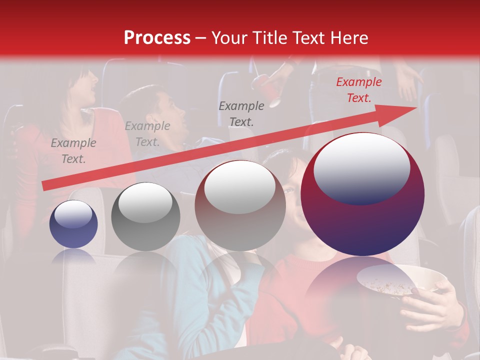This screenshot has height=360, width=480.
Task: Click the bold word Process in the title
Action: coord(157,37)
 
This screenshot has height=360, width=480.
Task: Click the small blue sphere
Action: coord(73,224)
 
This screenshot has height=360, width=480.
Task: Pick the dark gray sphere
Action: coord(145,216)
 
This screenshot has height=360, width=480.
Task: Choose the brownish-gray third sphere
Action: coord(240,205)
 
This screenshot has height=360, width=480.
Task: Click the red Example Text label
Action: coord(358,90)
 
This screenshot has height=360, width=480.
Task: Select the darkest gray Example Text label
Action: coord(241,113)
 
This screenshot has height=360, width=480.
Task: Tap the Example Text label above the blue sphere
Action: coord(73,150)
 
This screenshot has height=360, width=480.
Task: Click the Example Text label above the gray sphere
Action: coord(147,134)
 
